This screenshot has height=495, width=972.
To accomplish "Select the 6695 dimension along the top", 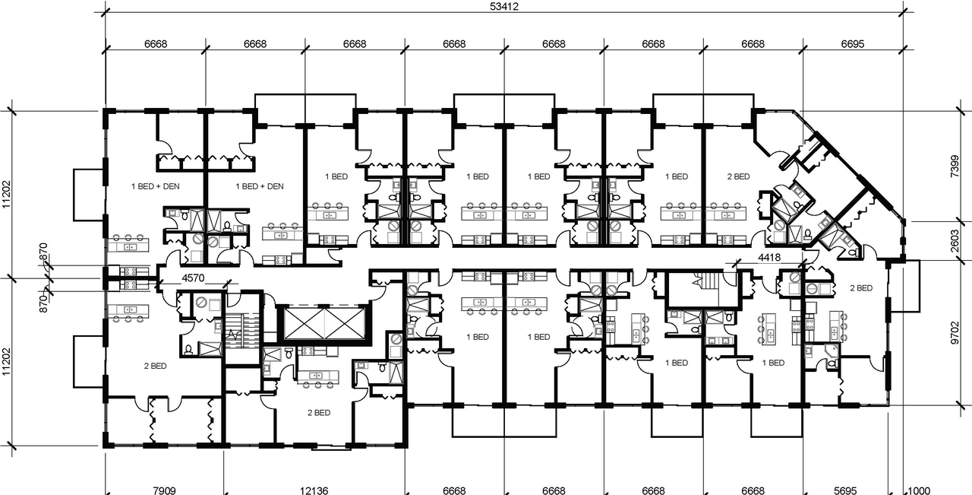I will [x=853, y=45].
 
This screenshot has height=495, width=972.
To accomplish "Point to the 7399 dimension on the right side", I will [x=955, y=165].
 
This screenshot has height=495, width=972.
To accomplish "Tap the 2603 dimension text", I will [x=955, y=241].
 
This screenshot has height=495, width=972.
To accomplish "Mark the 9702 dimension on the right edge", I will [x=955, y=332].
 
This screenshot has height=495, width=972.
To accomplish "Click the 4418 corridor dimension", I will [x=769, y=258].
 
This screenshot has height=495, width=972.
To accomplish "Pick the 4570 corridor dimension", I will [x=193, y=278].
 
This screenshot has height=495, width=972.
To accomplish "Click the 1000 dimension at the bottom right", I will [x=920, y=490].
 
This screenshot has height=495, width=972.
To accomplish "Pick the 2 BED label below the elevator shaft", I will [x=318, y=413].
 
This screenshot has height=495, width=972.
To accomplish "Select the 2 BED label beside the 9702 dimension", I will [x=860, y=288].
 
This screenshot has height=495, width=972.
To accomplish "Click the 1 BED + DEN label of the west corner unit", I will [x=155, y=186].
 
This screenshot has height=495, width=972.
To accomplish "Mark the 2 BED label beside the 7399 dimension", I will [x=737, y=176].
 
